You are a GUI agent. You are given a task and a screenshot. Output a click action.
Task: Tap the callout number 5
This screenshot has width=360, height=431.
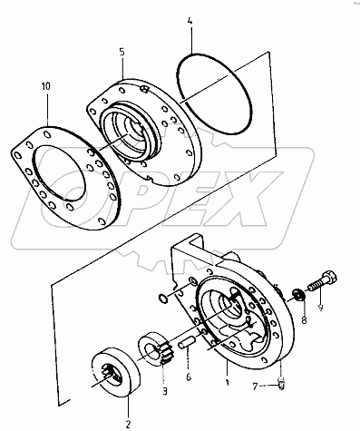(x=121, y=53)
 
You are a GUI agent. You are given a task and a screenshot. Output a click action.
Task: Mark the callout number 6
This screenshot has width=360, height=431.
(x=187, y=377)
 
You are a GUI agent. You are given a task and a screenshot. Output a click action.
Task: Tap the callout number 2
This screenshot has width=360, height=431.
(x=128, y=423)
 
